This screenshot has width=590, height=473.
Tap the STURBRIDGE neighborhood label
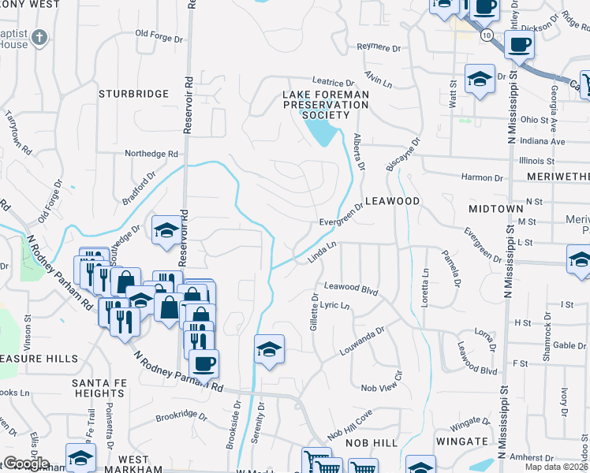133,94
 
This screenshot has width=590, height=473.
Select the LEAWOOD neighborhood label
392,201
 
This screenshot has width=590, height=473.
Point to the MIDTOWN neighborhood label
495,208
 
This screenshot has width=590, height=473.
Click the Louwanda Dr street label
362,338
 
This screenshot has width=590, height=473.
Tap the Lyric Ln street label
334,305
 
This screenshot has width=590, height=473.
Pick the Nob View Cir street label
382,389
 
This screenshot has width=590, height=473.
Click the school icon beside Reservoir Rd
166,230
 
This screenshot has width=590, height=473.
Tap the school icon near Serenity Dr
269,349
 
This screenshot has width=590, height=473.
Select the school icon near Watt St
479,79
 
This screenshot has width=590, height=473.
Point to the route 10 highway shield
489,35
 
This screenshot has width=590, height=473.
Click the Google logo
26,464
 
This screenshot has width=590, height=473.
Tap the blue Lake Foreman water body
324,131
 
